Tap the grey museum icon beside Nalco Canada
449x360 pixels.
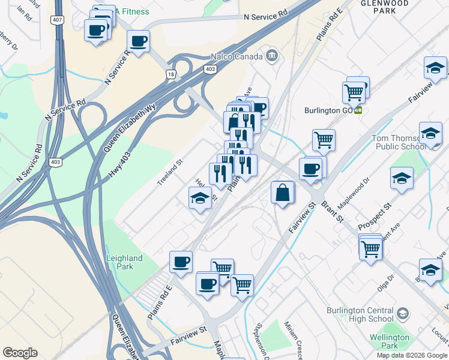coord(271,56)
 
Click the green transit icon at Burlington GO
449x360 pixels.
coord(358,110)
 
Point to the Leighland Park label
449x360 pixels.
coord(124,262)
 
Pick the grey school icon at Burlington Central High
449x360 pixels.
coord(402,313)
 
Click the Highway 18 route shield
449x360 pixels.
coord(171,74)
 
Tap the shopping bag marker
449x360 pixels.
coord(282,193)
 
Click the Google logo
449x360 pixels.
coord(20,353)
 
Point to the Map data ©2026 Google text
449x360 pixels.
coord(411,355)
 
